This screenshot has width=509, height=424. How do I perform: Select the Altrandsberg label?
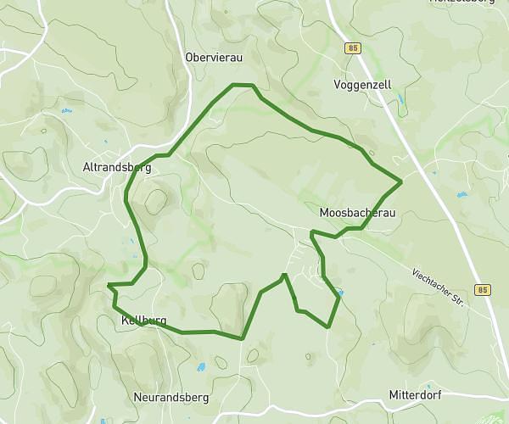coord(117,168)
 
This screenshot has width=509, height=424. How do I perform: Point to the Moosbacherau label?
coord(358,212)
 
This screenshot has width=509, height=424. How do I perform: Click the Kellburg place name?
coord(143,321)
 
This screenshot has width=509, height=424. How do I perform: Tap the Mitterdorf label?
coord(417,395)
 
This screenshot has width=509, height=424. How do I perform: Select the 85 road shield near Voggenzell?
coord(353,48)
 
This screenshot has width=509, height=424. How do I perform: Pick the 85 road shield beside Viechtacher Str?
coord(483,290)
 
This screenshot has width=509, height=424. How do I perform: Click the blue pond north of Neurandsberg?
coord(201,367)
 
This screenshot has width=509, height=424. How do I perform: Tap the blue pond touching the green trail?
coord(339,294)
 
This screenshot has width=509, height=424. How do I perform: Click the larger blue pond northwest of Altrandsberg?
coord(65,111)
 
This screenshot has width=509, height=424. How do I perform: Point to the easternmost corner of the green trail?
coord(401,181)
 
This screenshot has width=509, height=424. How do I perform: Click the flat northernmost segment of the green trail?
coord(243,85)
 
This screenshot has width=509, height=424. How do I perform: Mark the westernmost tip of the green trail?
coord(109,285)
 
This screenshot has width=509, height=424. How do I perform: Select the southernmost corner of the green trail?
coord(243,338)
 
